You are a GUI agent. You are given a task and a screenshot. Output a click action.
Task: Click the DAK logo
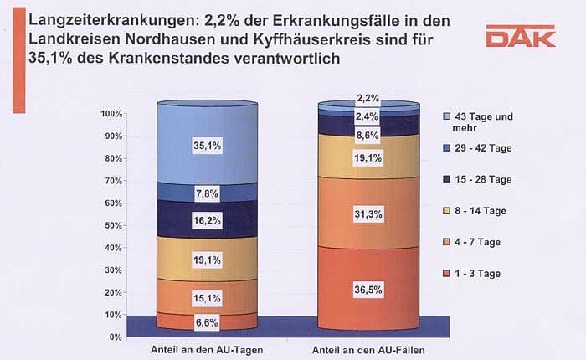(x=520, y=38)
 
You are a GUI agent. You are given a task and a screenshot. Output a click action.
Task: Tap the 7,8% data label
(x=206, y=193)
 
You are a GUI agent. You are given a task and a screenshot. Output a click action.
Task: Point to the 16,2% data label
(x=206, y=222)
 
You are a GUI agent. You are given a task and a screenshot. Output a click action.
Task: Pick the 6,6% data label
(x=206, y=321)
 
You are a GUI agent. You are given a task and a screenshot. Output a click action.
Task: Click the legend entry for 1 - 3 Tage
(x=474, y=274)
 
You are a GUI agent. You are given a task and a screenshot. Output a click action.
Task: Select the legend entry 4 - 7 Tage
(x=474, y=242)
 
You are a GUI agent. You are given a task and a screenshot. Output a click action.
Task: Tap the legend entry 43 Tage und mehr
(x=481, y=121)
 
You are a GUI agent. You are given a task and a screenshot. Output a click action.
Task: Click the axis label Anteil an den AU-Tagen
(x=206, y=349)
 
